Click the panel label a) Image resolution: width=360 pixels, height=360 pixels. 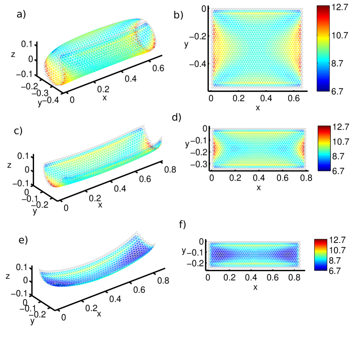(x=21, y=14)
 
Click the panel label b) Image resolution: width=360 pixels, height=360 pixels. (x=178, y=15)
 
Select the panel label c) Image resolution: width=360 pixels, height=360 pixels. (x=18, y=131)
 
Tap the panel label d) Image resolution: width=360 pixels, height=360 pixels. (x=176, y=117)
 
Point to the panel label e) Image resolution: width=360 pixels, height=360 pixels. (x=23, y=240)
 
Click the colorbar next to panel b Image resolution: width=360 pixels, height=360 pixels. (x=323, y=48)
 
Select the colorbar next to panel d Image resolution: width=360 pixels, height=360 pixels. (x=324, y=148)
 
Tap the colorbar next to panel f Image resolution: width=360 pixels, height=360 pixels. (x=321, y=255)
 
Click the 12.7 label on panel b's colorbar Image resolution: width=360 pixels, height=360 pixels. (x=340, y=7)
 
